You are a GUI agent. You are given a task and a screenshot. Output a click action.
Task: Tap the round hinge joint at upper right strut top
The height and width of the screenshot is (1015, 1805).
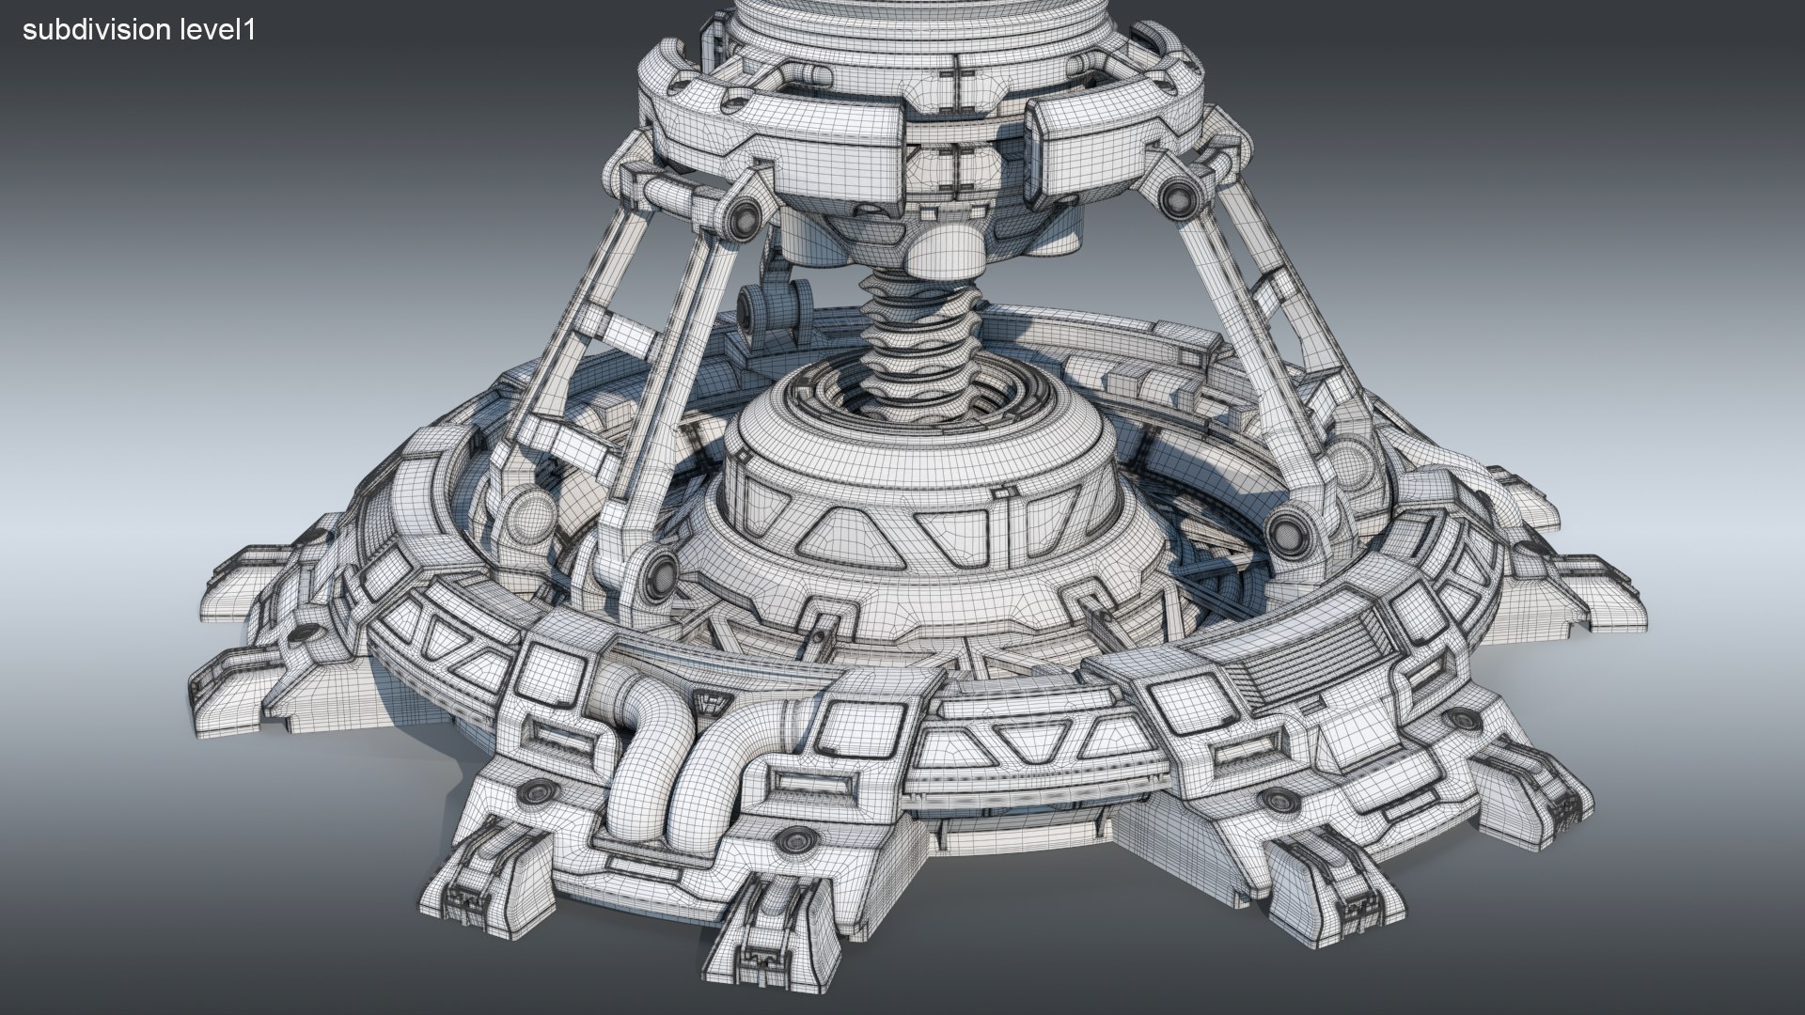[1174, 197]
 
